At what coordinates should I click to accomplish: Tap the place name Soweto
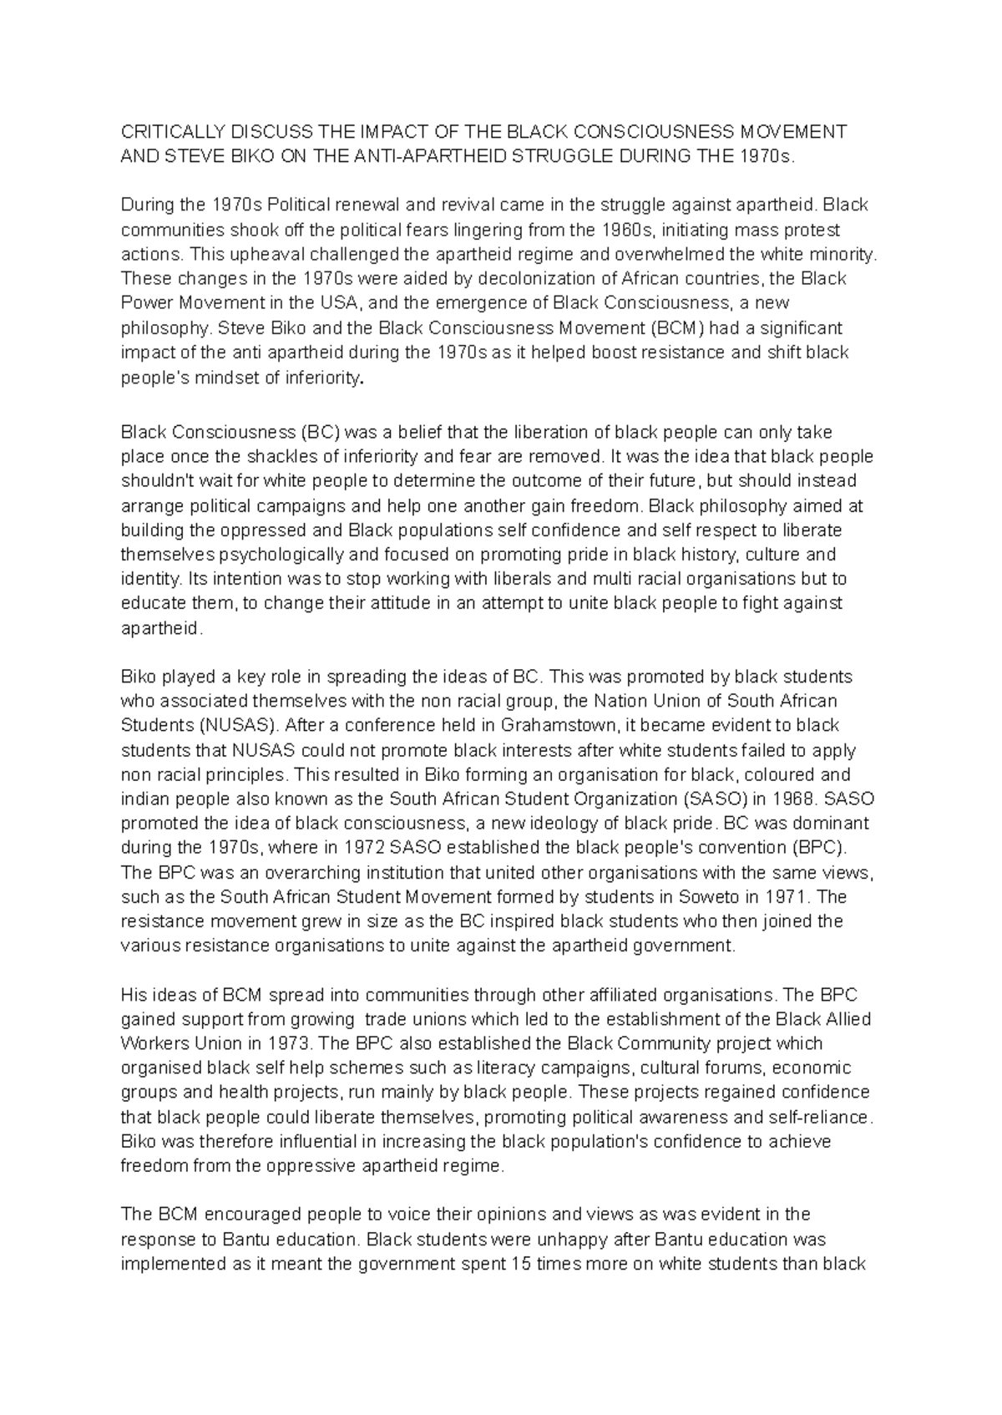click(697, 897)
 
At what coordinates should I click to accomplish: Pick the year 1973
click(287, 1043)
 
